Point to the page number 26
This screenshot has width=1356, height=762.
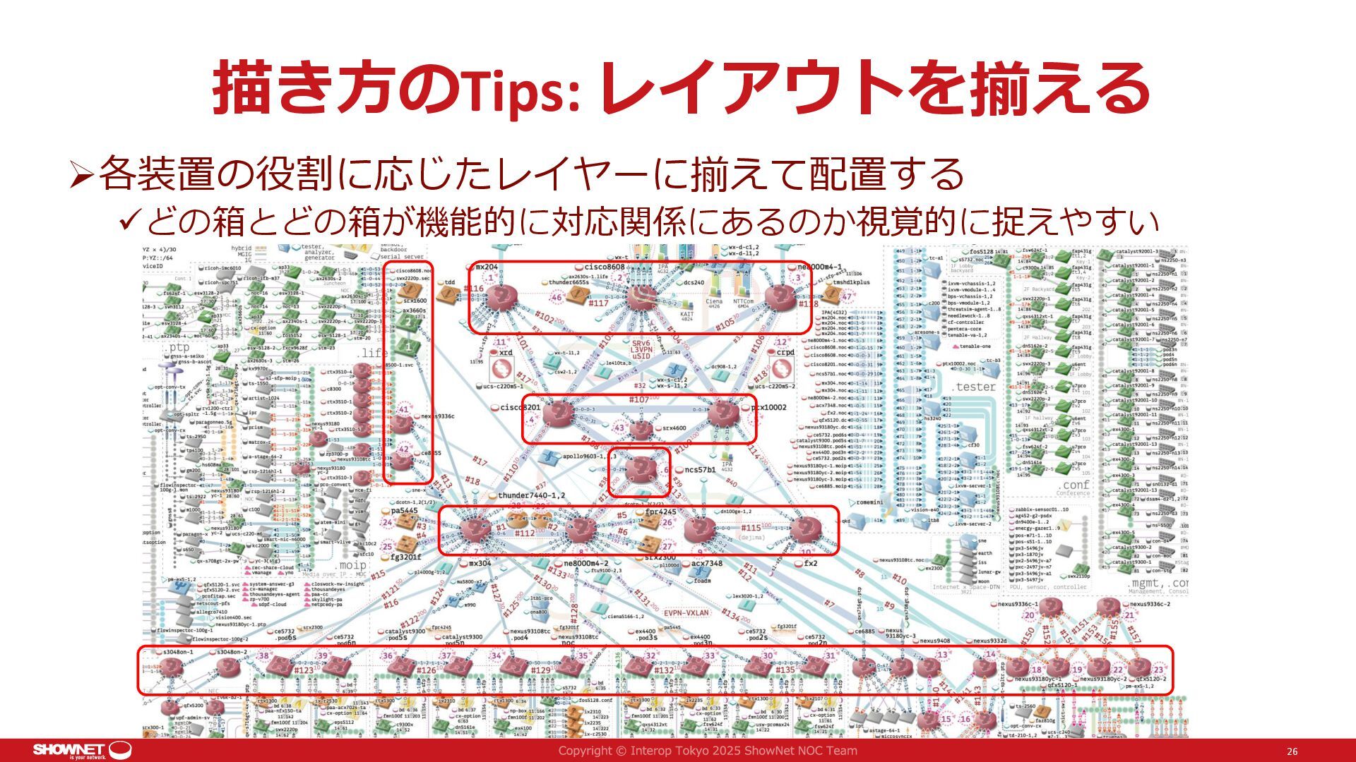coord(1292,751)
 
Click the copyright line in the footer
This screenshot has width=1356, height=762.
coord(708,751)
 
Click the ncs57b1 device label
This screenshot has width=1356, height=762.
coord(699,469)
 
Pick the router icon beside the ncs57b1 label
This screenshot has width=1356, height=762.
coord(641,469)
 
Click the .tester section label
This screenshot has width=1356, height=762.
coord(974,387)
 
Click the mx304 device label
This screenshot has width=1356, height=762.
coord(480,563)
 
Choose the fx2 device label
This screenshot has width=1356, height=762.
coord(811,563)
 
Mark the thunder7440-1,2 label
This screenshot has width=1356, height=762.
coord(531,495)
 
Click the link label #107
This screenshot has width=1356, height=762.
coord(639,399)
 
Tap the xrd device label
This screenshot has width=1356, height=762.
coord(506,352)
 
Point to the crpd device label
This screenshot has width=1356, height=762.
coord(785,352)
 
